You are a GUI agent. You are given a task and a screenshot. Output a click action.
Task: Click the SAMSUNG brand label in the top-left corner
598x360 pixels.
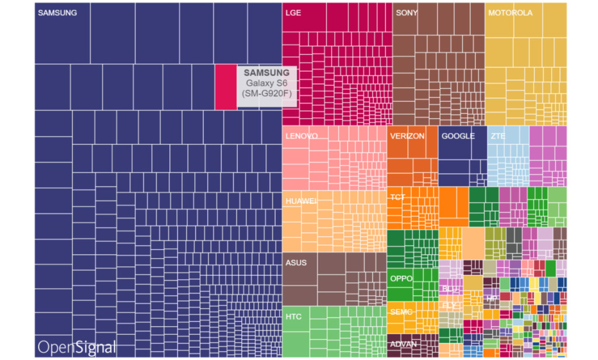pos(57,13)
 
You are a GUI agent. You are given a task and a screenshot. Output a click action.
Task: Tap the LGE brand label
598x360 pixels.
pos(293,13)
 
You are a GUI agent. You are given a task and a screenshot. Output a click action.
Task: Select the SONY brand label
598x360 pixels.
pos(406,13)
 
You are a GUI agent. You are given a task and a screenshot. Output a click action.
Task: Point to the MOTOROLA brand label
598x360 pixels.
pos(510,13)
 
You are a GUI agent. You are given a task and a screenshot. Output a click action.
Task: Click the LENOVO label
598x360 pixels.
pos(301,136)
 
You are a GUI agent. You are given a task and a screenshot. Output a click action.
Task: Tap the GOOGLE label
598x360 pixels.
pos(458,136)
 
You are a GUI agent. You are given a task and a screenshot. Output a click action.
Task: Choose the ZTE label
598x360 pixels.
pos(498,136)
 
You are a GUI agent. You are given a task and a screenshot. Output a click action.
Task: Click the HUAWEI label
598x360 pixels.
pos(301,201)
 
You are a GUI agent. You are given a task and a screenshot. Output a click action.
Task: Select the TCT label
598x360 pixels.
pos(398,197)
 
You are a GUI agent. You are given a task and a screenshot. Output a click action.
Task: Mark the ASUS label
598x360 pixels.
pos(295,263)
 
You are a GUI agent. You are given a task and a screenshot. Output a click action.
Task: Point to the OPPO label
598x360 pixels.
pos(401,279)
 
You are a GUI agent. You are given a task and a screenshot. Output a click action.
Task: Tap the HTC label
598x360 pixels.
pos(294,317)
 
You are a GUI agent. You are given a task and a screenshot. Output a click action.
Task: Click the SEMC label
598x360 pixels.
pos(401,312)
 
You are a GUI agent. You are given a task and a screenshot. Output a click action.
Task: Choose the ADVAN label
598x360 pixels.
pos(403,344)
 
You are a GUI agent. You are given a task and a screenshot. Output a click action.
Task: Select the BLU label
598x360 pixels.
pos(450,289)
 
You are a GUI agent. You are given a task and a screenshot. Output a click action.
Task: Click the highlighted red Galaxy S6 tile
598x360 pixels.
pos(225,87)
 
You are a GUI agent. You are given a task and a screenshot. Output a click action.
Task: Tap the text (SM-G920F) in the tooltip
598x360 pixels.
pos(266,94)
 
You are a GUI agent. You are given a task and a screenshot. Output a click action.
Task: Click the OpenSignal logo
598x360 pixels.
pos(77,347)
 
